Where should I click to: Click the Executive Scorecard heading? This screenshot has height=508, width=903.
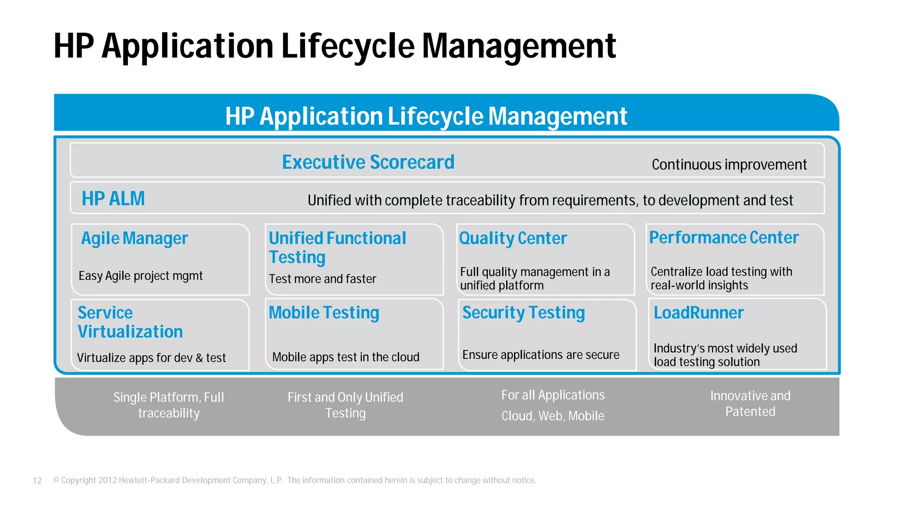click(368, 162)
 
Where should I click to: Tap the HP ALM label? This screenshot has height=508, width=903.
click(113, 198)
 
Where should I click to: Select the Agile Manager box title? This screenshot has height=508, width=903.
click(134, 239)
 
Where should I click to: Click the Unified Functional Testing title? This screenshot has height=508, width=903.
click(337, 247)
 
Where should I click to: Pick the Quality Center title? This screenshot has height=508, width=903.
click(513, 239)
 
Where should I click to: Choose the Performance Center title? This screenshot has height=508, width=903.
click(724, 238)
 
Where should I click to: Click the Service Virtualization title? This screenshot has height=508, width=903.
click(130, 322)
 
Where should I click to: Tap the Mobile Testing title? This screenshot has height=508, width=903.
click(324, 313)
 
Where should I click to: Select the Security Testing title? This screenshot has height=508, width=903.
click(523, 313)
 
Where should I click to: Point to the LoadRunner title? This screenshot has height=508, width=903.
click(698, 313)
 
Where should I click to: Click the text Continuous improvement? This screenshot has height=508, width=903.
click(729, 164)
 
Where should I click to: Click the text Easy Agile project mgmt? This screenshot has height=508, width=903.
click(141, 276)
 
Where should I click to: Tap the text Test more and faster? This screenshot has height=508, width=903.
click(322, 279)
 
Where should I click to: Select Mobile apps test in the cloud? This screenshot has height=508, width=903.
click(346, 357)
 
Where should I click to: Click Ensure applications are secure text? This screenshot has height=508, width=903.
click(541, 355)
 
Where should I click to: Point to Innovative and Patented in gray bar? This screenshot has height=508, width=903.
click(750, 403)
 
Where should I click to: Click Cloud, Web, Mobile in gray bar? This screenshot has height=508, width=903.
click(553, 416)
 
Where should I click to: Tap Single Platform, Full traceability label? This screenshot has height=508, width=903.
click(169, 405)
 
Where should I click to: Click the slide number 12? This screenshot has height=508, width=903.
click(37, 481)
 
